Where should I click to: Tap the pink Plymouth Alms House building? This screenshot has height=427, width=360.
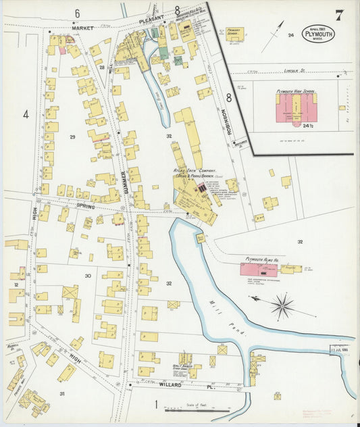tap(258, 270)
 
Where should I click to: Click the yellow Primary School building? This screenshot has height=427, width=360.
tap(234, 33)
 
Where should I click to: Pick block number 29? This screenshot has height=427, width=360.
tap(72, 137)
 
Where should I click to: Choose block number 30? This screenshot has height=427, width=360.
tap(87, 276)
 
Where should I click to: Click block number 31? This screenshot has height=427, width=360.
tap(61, 393)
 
